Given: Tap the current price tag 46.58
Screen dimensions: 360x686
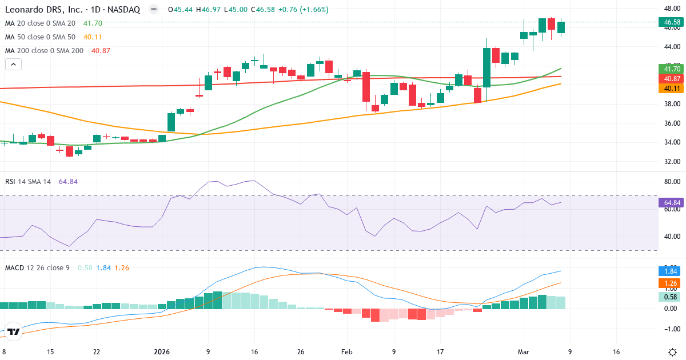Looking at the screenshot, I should [x=671, y=22].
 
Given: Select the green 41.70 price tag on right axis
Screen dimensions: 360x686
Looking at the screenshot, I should [x=671, y=69].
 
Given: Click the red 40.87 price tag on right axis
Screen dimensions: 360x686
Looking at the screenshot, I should [x=671, y=79].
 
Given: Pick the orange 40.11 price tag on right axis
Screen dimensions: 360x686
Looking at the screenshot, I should [x=671, y=89].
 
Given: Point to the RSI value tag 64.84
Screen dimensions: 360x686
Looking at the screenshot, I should [x=671, y=203].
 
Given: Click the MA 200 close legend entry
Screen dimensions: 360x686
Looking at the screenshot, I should [x=45, y=50].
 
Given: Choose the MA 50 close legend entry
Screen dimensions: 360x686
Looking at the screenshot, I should [x=40, y=37].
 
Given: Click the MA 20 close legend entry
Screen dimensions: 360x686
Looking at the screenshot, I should [x=40, y=23].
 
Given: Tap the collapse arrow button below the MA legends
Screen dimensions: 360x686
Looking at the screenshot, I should [x=13, y=64].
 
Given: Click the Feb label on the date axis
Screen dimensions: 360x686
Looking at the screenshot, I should [x=347, y=351].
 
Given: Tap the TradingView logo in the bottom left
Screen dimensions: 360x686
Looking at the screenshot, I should [x=14, y=331].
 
